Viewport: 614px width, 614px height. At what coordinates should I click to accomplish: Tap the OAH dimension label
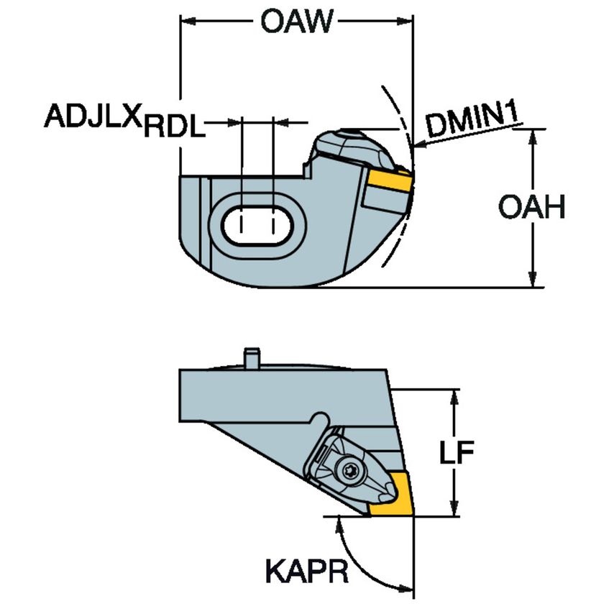tap(532, 209)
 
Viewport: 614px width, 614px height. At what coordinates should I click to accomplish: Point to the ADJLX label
tap(93, 115)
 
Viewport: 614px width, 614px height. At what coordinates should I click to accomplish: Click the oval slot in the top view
tap(257, 224)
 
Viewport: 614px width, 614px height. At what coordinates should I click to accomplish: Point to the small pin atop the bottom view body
tap(251, 357)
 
